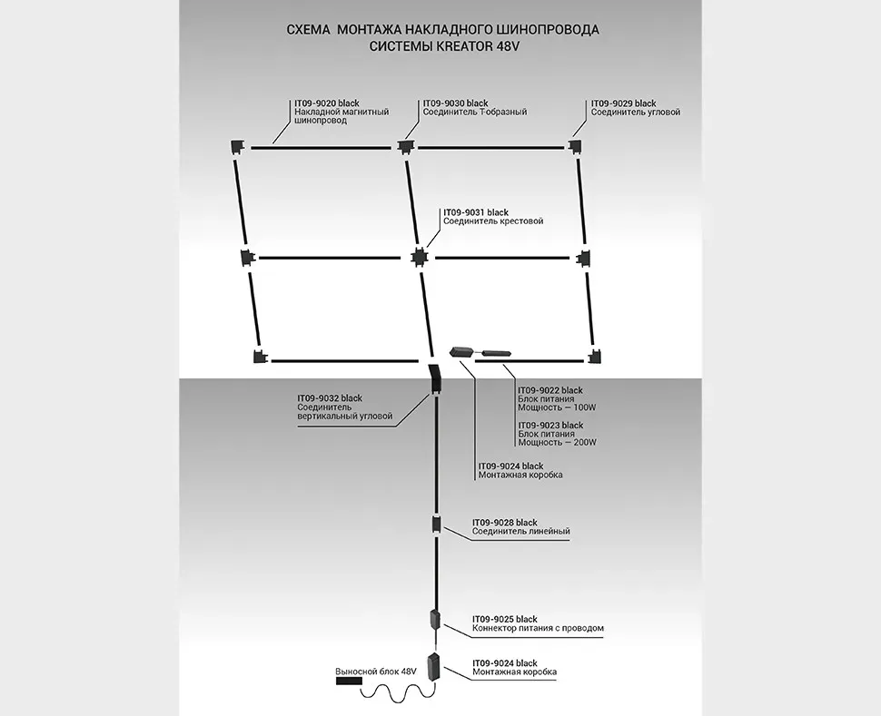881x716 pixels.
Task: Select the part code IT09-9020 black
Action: tap(328, 103)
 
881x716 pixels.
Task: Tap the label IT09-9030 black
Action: tap(456, 103)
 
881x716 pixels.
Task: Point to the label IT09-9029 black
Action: tap(623, 103)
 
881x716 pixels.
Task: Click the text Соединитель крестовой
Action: tap(493, 221)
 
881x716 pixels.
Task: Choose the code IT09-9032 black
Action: tap(330, 397)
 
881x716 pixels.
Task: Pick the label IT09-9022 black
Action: tap(550, 390)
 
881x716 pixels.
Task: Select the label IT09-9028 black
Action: tap(505, 523)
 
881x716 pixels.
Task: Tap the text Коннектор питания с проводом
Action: tap(538, 628)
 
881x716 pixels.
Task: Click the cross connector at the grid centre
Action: tap(418, 257)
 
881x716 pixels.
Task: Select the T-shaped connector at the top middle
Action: tap(404, 146)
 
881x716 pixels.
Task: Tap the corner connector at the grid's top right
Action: tap(576, 146)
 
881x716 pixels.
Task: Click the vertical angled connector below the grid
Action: tap(434, 377)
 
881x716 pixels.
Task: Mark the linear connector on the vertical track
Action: tap(436, 525)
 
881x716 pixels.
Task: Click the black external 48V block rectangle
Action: tap(348, 681)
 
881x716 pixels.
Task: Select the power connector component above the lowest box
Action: tap(435, 622)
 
